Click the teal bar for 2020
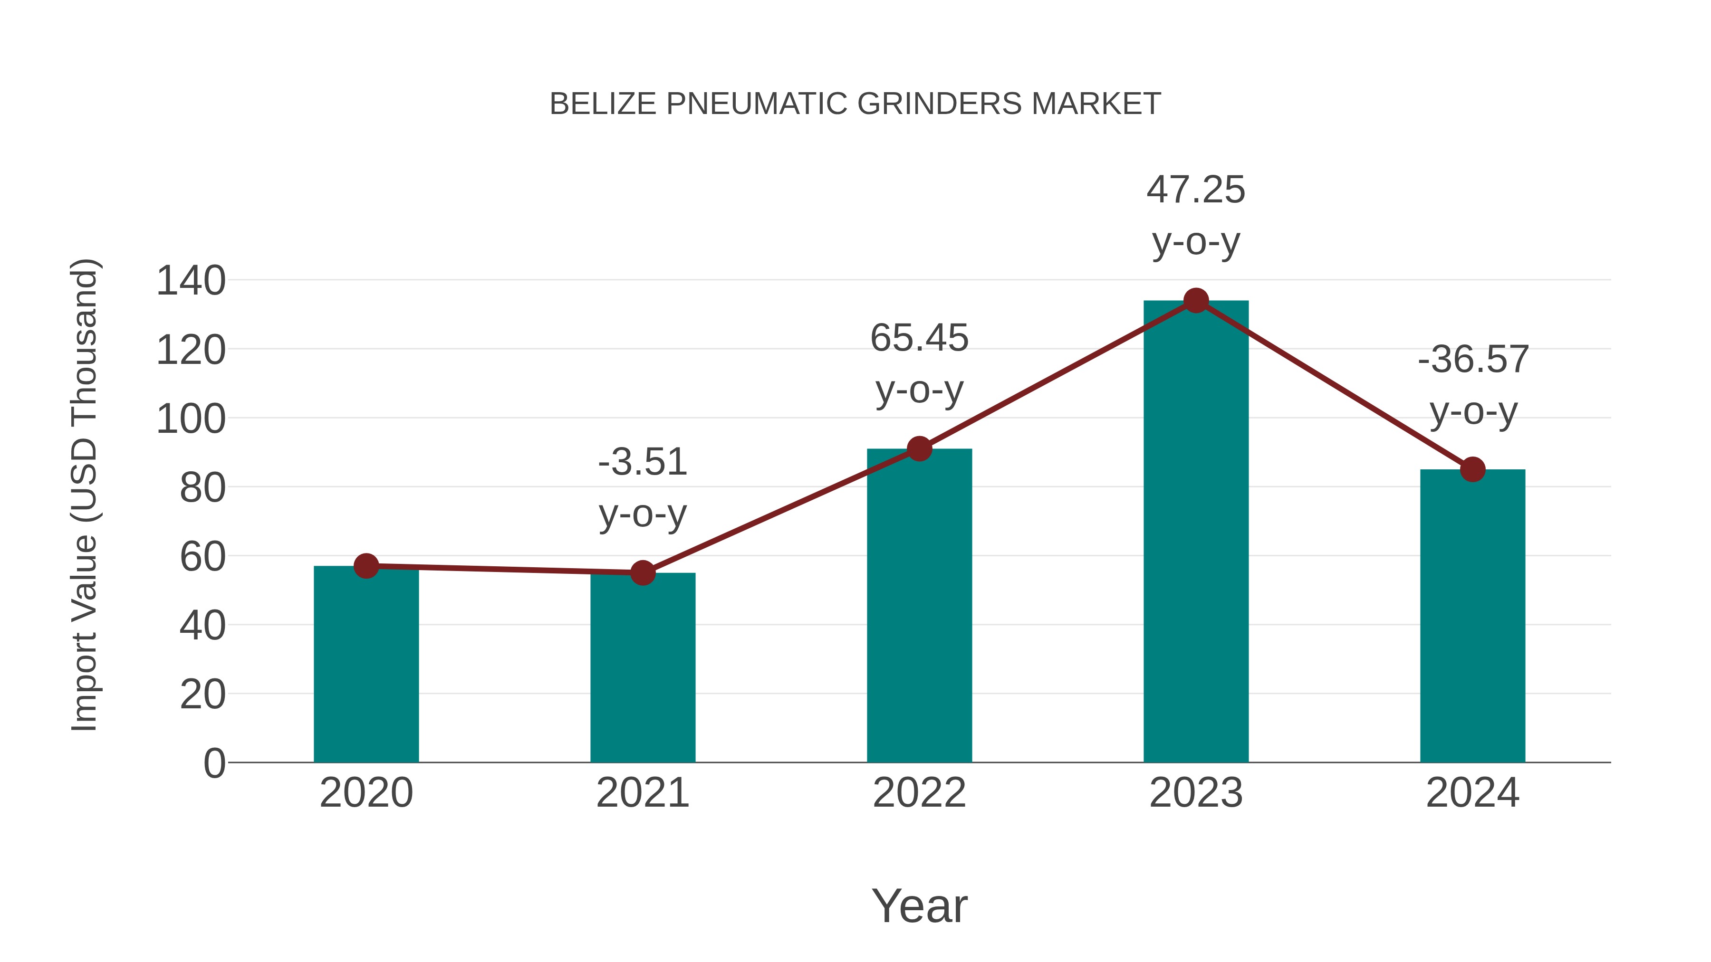pos(366,664)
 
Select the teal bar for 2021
pos(642,667)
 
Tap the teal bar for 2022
pos(919,606)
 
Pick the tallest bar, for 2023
pos(1196,531)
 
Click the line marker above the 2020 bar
pos(366,566)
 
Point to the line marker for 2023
pos(1196,301)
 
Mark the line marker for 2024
pos(1472,469)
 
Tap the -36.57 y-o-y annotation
pos(1472,385)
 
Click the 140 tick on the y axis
pos(191,280)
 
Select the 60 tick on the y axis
pos(202,556)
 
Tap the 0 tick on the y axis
pos(214,763)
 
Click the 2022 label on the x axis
pos(919,793)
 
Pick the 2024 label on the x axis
pos(1472,793)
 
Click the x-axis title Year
pos(919,905)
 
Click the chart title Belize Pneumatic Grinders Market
pos(855,104)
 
